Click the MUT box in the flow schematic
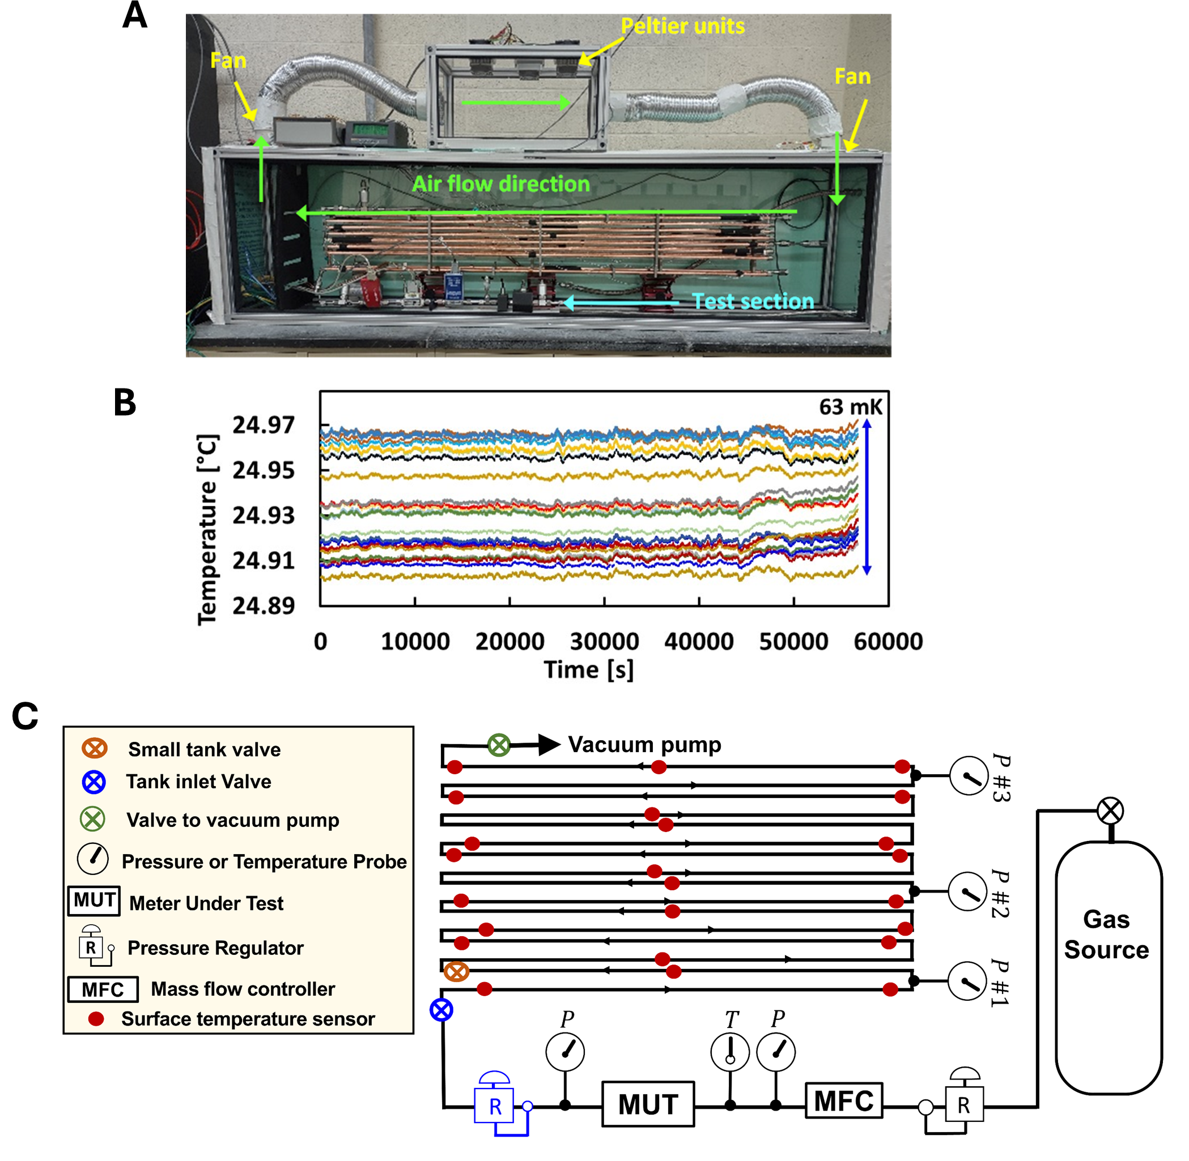(x=648, y=1104)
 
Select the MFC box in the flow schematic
(x=844, y=1100)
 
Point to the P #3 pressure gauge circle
(x=969, y=776)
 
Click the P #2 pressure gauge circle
(x=967, y=891)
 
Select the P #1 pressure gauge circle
(x=967, y=981)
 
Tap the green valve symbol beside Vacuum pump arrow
(x=499, y=745)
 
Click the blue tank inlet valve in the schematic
(x=441, y=1010)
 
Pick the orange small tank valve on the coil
(x=456, y=971)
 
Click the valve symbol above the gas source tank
(x=1110, y=811)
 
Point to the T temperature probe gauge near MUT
(x=729, y=1052)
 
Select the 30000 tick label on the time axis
(x=604, y=642)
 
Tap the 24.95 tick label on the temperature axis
(x=264, y=470)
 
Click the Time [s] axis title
(x=589, y=669)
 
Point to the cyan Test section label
(x=753, y=301)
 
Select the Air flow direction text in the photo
(x=501, y=183)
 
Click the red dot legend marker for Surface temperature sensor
(x=96, y=1018)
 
